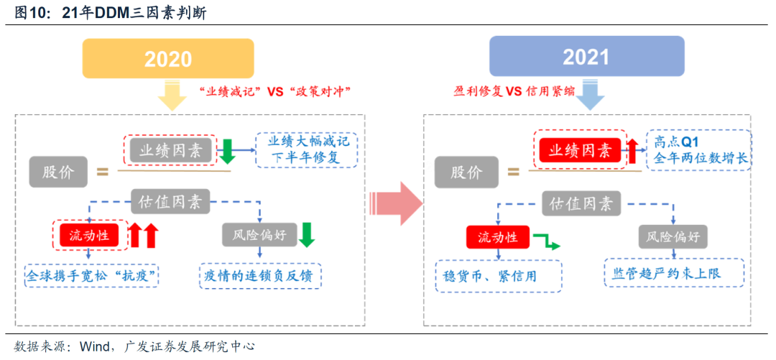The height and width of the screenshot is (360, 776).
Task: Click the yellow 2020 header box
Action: (x=168, y=58)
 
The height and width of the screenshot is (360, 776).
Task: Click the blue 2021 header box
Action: (x=586, y=57)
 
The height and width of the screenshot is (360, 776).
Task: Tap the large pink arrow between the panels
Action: (x=395, y=203)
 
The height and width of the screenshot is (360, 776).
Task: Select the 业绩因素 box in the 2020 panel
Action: (x=170, y=150)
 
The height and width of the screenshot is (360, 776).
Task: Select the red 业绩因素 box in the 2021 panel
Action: (x=580, y=150)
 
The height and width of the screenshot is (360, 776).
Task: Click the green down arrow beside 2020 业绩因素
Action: (x=227, y=151)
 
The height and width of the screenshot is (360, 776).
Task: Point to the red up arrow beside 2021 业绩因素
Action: (x=632, y=151)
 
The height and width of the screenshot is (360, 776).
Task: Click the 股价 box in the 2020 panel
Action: (x=59, y=172)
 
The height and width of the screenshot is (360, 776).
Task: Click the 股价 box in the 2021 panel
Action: (x=466, y=172)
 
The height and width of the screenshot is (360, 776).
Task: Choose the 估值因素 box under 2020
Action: (x=170, y=202)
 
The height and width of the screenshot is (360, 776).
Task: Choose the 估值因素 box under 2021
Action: (x=580, y=203)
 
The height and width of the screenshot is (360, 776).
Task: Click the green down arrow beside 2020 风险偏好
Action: (x=308, y=234)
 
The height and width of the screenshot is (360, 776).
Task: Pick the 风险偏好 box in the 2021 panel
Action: (x=672, y=236)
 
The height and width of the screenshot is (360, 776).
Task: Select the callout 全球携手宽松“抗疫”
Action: (x=91, y=274)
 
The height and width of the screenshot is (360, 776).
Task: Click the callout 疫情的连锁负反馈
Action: (x=260, y=274)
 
